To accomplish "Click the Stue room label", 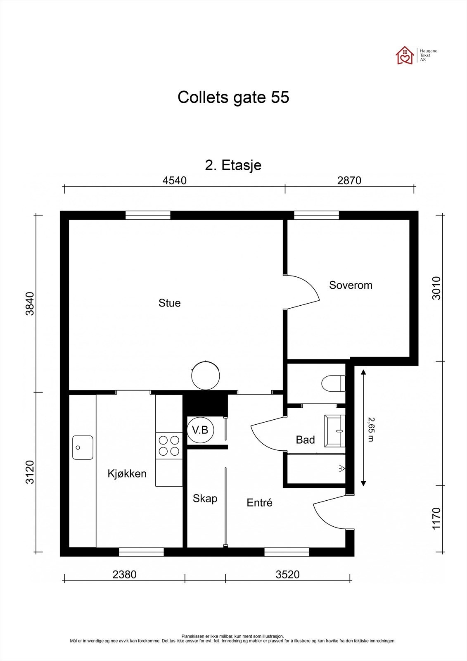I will (x=169, y=303).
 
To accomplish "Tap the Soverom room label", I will (x=351, y=285).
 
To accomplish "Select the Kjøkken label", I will (x=127, y=473).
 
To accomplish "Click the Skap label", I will (x=205, y=499).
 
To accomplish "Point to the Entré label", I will (x=259, y=503).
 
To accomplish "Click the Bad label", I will (x=305, y=440).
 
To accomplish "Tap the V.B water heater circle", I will (x=200, y=430).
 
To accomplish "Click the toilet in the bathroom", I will (x=334, y=383).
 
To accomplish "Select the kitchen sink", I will (x=83, y=447).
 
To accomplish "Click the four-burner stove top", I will (x=169, y=446).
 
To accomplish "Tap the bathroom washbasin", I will (x=334, y=431).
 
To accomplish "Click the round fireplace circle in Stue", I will (x=205, y=375).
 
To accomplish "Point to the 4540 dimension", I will (x=175, y=181).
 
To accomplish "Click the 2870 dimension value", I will (x=349, y=181).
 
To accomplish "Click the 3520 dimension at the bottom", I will (x=287, y=574).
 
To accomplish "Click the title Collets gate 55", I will (x=233, y=97).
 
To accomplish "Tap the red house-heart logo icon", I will (x=405, y=55).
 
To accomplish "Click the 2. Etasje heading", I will (x=233, y=165).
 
